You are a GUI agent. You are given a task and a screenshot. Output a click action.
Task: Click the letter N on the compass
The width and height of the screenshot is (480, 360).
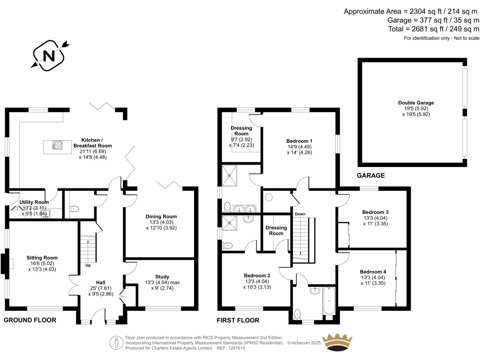click(x=49, y=56)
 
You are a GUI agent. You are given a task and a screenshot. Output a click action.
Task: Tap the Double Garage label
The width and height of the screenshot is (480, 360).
click(x=416, y=103)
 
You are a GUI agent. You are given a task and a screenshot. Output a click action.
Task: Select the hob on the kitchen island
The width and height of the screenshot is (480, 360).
click(x=57, y=145)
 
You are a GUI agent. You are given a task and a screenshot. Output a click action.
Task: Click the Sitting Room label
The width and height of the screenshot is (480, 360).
click(x=42, y=258)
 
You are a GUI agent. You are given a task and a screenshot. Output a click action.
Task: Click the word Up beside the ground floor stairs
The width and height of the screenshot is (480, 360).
click(x=88, y=265)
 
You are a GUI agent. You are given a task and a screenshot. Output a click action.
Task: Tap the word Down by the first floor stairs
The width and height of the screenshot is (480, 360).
click(x=300, y=214)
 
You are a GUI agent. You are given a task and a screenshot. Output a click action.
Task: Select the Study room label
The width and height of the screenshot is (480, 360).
click(x=162, y=277)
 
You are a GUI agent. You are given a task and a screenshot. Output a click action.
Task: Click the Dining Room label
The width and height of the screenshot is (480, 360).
click(x=161, y=217)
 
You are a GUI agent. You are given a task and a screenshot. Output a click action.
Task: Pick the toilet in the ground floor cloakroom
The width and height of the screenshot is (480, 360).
click(x=74, y=209)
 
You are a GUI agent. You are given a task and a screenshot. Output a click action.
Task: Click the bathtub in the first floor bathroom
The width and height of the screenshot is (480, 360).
click(x=329, y=300)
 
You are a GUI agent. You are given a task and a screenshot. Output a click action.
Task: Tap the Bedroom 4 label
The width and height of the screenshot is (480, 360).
click(x=373, y=272)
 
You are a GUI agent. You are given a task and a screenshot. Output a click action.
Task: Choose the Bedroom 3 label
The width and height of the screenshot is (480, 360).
click(x=375, y=212)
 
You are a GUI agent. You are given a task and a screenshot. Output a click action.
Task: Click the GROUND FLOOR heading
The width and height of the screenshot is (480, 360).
click(x=30, y=320)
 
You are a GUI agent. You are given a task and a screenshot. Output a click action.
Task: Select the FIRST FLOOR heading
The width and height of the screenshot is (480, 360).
click(x=238, y=321)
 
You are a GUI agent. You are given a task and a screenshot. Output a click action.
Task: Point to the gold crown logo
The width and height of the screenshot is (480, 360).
click(x=338, y=342)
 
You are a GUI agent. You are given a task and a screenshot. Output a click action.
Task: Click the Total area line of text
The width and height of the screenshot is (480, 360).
click(x=434, y=29)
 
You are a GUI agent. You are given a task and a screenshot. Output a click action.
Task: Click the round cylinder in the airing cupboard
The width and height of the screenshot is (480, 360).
click(x=269, y=197)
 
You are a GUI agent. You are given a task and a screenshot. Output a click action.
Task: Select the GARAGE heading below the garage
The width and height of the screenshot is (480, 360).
click(x=371, y=175)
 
